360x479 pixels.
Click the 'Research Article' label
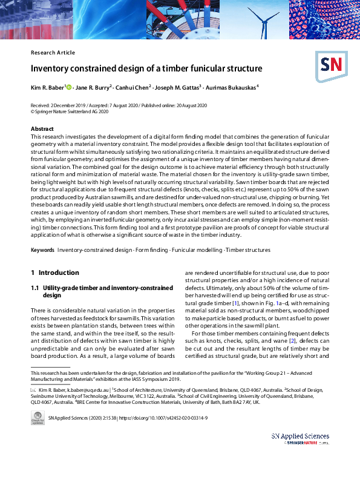pyautogui.click(x=53, y=53)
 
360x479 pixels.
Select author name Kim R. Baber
pyautogui.click(x=47, y=88)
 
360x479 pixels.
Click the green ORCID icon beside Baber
pyautogui.click(x=69, y=88)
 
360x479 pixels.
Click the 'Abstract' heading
pyautogui.click(x=42, y=129)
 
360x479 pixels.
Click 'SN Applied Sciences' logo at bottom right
pyautogui.click(x=300, y=439)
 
